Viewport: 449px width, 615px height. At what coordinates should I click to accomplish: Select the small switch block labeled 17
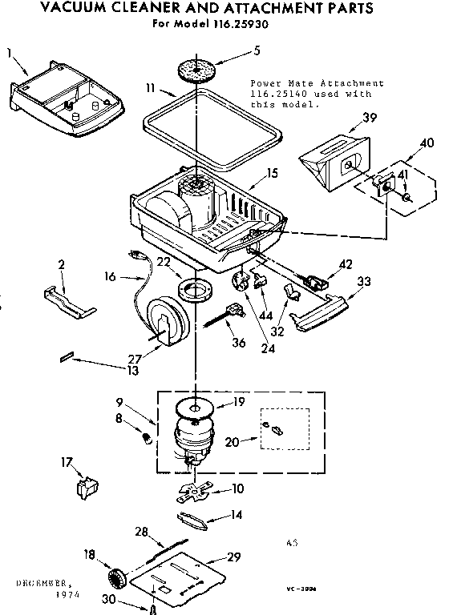(87, 488)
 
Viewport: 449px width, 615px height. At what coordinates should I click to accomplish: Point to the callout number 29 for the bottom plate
(234, 557)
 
